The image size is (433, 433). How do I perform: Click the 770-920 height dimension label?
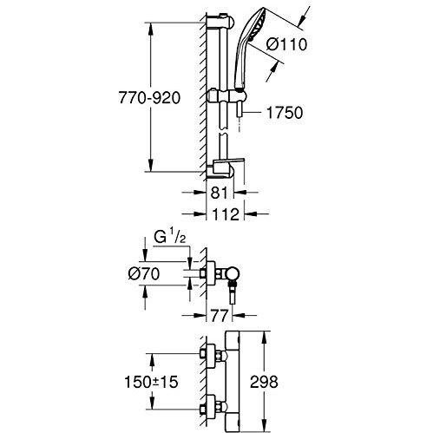click(149, 98)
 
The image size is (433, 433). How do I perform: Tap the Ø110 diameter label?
click(286, 44)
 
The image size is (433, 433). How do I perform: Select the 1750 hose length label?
click(285, 113)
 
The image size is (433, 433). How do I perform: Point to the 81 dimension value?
click(219, 193)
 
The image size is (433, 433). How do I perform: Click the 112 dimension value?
click(226, 214)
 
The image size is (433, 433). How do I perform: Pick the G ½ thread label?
click(169, 238)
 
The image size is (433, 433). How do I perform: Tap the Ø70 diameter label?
click(144, 273)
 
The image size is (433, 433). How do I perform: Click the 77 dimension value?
click(219, 315)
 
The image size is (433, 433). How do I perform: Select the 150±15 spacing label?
click(151, 382)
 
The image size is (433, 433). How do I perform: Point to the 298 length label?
click(264, 382)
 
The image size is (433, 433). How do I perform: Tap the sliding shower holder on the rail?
click(226, 95)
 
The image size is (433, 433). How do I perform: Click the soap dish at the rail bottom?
click(226, 167)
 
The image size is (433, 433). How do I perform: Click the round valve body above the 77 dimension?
click(233, 273)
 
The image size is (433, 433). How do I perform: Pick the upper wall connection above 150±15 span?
click(213, 353)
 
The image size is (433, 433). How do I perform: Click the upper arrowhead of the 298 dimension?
click(264, 338)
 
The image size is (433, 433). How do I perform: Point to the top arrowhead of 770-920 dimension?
click(150, 29)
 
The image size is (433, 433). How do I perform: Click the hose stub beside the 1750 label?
click(239, 110)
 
